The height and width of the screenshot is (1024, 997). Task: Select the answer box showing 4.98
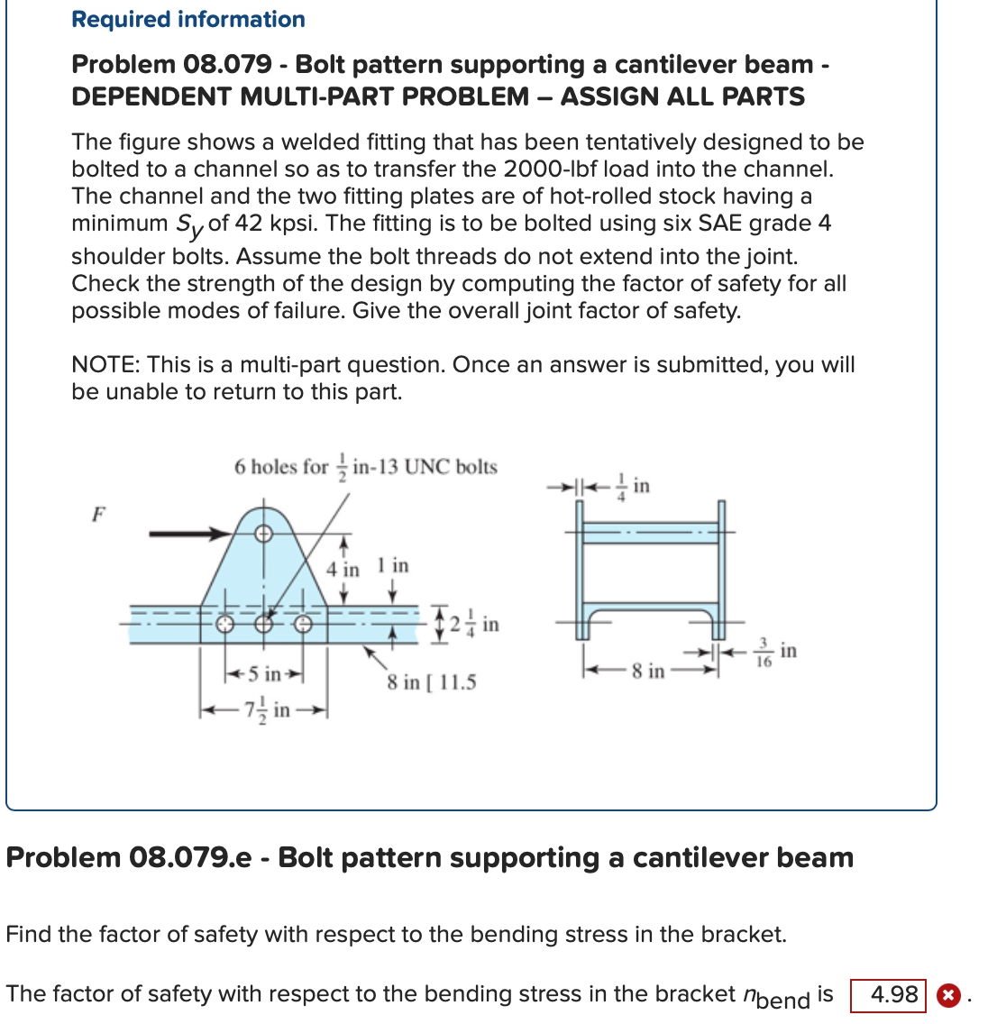point(888,994)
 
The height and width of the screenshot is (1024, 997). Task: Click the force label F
point(99,515)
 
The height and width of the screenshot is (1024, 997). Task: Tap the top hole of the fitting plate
point(263,534)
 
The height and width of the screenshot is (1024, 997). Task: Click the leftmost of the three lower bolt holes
point(224,623)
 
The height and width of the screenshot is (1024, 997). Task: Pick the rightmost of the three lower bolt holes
point(304,623)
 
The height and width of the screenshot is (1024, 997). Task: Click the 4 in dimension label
point(343,569)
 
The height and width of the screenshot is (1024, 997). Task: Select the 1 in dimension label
point(393,566)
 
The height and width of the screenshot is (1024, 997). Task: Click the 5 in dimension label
point(265,673)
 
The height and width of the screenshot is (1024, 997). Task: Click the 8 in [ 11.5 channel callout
point(432,682)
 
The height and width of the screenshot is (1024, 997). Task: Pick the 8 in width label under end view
point(648,672)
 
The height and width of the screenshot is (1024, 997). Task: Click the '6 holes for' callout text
point(280,467)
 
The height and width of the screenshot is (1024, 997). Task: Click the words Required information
point(188,19)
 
